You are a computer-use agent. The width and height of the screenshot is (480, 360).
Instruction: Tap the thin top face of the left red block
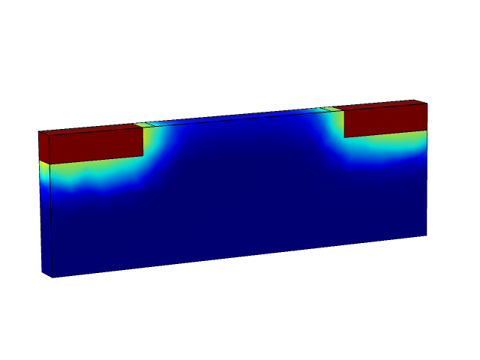[x=90, y=129]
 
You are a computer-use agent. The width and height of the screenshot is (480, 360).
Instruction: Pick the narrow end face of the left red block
[x=43, y=148]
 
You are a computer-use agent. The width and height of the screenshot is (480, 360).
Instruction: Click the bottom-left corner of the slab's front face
[x=51, y=277]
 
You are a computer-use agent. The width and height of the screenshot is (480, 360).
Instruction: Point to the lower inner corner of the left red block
[x=143, y=155]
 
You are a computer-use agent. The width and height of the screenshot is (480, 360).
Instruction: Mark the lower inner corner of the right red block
[x=344, y=136]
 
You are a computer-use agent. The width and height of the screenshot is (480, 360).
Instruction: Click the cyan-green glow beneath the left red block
[x=97, y=176]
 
